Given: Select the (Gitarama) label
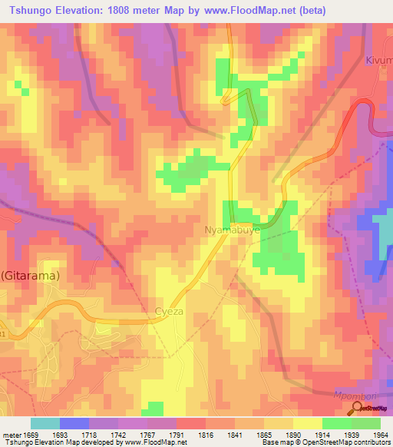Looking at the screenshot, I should point(30,274).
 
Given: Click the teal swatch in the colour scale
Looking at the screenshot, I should point(45,423).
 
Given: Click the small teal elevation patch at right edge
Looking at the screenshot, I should point(382,230).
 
